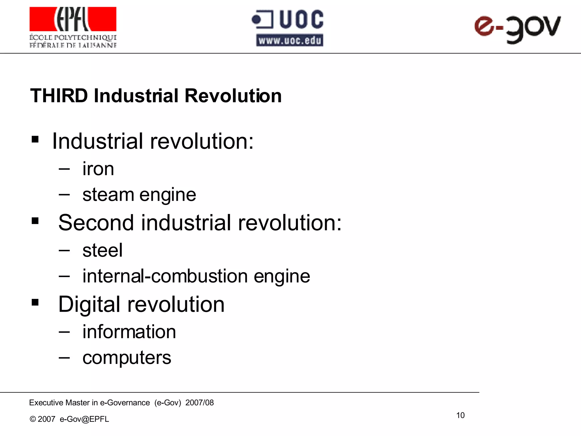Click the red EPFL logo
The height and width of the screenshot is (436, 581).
[73, 19]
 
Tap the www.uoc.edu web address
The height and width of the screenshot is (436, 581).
[290, 40]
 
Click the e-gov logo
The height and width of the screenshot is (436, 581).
[517, 29]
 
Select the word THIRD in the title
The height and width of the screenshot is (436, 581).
[59, 96]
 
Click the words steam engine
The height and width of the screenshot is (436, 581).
[139, 195]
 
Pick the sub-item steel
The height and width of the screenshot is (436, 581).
[102, 250]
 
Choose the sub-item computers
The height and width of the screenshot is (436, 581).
[127, 357]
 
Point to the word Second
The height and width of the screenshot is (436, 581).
[96, 223]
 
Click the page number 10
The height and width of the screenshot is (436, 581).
[460, 415]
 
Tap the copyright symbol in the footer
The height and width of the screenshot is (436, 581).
[33, 419]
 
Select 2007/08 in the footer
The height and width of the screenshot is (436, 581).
[199, 403]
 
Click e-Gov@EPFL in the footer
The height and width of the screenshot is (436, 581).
[84, 419]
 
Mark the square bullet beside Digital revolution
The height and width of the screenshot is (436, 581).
[35, 302]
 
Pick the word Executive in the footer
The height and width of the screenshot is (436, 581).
[46, 403]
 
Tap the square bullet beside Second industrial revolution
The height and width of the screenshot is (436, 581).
[35, 221]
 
